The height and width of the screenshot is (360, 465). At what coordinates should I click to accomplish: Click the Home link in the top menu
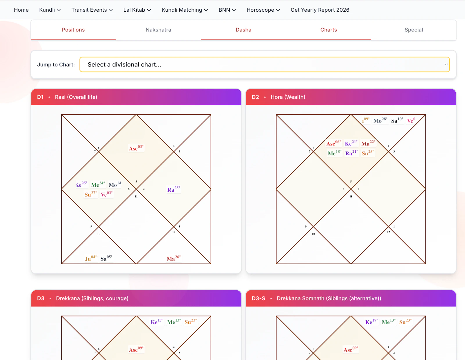click(21, 10)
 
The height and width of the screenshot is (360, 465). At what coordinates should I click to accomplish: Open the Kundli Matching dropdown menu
click(185, 10)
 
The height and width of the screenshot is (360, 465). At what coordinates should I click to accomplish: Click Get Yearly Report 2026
click(320, 10)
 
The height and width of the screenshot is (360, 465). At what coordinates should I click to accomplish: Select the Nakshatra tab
click(158, 30)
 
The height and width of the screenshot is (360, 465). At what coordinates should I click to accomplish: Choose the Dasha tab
click(243, 30)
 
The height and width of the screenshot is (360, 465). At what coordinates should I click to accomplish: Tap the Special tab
click(414, 30)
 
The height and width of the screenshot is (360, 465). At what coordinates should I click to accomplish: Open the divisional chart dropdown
click(264, 64)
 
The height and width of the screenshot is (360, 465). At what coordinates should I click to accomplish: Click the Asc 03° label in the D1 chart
click(136, 148)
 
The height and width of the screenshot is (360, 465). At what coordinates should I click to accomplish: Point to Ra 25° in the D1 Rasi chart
click(174, 189)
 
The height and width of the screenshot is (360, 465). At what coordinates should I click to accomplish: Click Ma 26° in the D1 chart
click(174, 258)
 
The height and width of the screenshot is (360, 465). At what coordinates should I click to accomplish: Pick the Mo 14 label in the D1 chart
click(115, 185)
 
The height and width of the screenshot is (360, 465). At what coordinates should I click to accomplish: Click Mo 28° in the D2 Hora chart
click(380, 120)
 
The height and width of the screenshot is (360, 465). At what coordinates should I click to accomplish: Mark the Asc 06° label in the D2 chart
click(333, 143)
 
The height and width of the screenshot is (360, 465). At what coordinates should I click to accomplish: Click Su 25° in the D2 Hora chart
click(368, 153)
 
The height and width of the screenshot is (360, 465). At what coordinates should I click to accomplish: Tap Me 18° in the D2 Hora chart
click(334, 153)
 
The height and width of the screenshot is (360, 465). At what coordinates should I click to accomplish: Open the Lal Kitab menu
click(137, 10)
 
